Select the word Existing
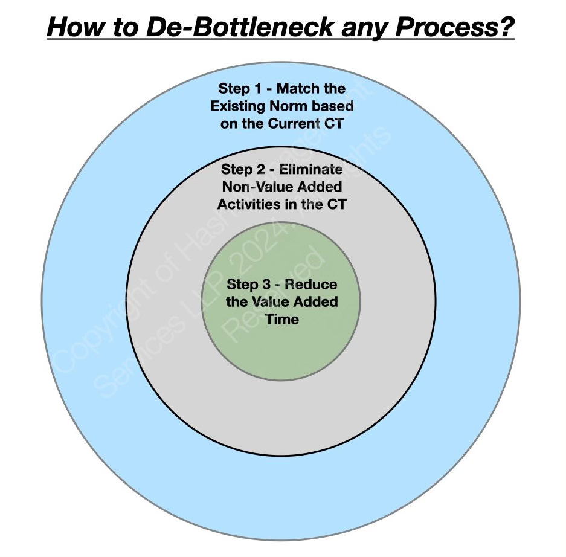click(x=238, y=107)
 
